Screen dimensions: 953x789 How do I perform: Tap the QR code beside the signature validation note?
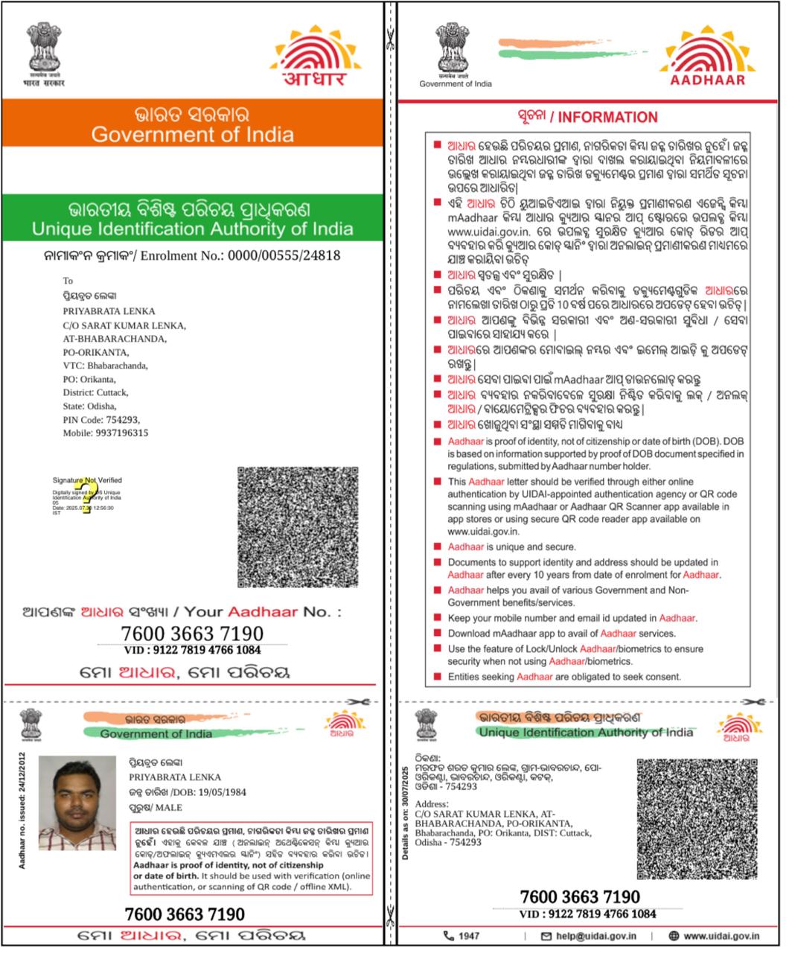click(298, 527)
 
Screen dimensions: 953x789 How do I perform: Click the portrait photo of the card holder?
click(78, 803)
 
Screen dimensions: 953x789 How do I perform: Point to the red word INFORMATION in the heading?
click(608, 117)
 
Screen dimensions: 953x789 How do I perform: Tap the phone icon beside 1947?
click(448, 936)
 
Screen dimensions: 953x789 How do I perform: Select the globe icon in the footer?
click(674, 936)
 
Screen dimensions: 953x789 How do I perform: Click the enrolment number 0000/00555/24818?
click(284, 255)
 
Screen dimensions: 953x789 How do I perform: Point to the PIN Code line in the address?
click(100, 420)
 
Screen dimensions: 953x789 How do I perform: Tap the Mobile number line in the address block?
click(105, 433)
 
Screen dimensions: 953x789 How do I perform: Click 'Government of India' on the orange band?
click(192, 135)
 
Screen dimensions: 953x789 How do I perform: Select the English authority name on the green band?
click(192, 229)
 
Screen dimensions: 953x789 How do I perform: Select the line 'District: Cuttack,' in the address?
click(95, 392)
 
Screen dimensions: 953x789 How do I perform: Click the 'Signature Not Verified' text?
click(87, 480)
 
